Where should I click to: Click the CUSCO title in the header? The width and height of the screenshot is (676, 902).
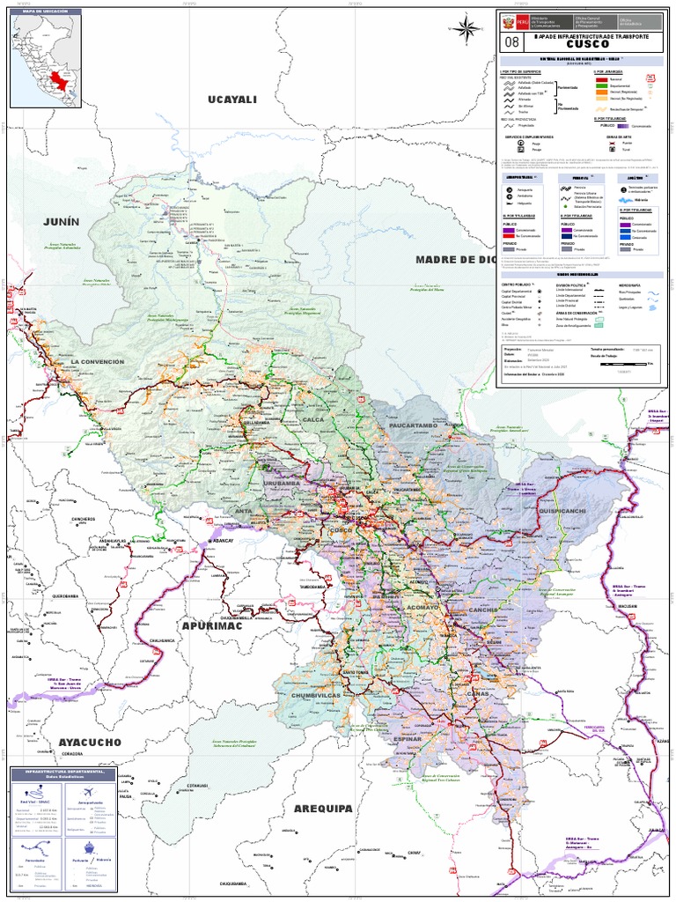click(x=587, y=44)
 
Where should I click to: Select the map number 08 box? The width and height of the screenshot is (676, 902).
click(x=511, y=41)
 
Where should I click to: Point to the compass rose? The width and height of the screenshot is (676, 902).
click(x=465, y=28)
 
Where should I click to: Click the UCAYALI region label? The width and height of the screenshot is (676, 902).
click(x=231, y=100)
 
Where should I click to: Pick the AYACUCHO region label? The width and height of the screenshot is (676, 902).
click(x=90, y=743)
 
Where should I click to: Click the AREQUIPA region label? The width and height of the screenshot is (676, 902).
click(x=323, y=808)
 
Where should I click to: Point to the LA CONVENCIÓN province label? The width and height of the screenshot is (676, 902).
click(x=106, y=362)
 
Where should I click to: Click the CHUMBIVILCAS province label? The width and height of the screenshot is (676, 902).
click(x=314, y=695)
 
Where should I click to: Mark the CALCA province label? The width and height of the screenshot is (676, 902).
click(x=312, y=419)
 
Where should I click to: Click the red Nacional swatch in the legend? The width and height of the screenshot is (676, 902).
click(x=601, y=78)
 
